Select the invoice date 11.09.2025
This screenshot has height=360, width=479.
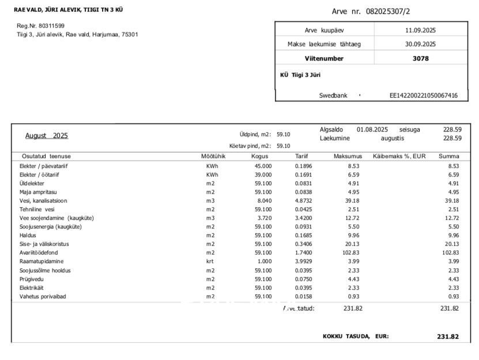pos(420,30)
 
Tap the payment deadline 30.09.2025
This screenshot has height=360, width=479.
pos(420,44)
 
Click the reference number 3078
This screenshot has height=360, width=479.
pos(421,58)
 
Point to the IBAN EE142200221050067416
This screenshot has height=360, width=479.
pos(424,96)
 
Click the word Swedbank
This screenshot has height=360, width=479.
pos(333,96)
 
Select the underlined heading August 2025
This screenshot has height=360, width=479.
pos(47,136)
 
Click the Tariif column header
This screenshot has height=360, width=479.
pos(301,156)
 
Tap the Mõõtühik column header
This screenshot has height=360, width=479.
pos(213,156)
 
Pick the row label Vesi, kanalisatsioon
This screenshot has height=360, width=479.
pos(43,201)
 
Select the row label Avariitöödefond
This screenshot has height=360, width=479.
pos(39,253)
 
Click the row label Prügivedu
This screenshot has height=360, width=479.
pos(31,279)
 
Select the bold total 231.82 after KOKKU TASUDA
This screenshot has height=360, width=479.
pos(448,336)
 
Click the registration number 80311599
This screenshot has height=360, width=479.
pos(49,26)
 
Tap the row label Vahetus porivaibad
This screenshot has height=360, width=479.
pos(43,297)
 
